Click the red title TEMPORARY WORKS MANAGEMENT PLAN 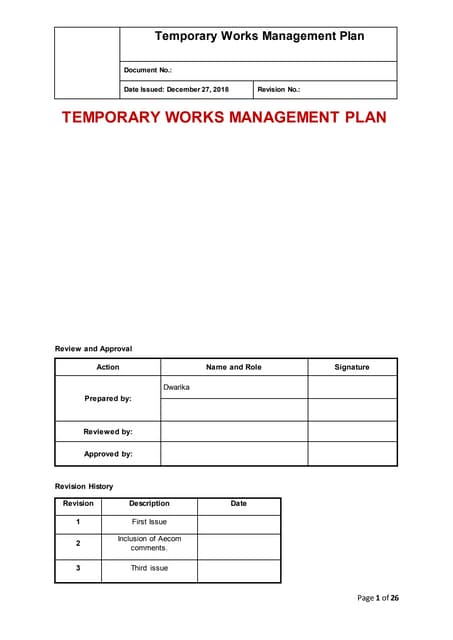pos(224,117)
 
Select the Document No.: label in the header pos(147,70)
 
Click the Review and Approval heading pos(93,348)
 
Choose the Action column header pos(107,367)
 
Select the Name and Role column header pos(233,367)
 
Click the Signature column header pos(351,367)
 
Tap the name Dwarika pos(177,386)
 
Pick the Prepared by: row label pos(107,398)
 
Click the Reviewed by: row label pos(107,431)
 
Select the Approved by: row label pos(107,454)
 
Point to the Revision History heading pos(84,486)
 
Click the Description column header pos(149,504)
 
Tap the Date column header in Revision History pos(238,504)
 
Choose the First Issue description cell pos(149,522)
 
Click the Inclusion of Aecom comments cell pos(149,543)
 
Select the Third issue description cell pos(149,568)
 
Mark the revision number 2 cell pos(78,544)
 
